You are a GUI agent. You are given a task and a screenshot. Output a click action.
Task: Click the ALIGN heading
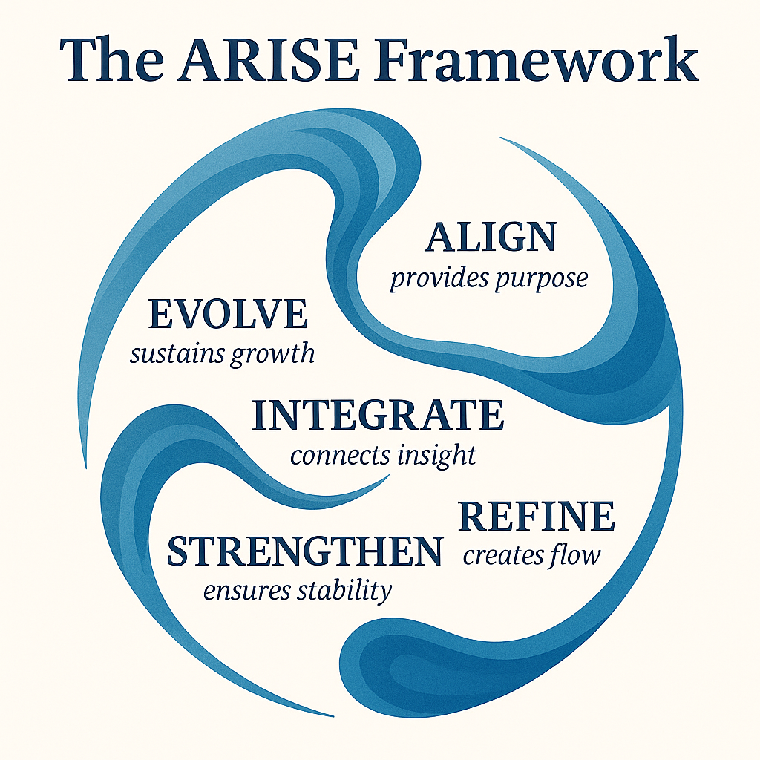point(491,237)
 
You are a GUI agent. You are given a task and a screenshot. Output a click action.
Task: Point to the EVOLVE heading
point(228,314)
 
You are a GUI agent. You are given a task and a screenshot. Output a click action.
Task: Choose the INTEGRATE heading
point(378,416)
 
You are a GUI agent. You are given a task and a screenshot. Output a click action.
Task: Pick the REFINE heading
point(537,517)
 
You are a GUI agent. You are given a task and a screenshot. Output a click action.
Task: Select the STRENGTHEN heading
point(304,551)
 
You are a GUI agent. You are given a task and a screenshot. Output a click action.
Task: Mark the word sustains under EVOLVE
point(177,354)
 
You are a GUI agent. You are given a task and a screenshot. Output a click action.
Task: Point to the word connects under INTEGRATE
point(338,455)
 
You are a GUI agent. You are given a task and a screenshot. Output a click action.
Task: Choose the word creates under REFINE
point(499,555)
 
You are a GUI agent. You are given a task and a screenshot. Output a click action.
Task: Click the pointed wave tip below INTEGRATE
point(383,479)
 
